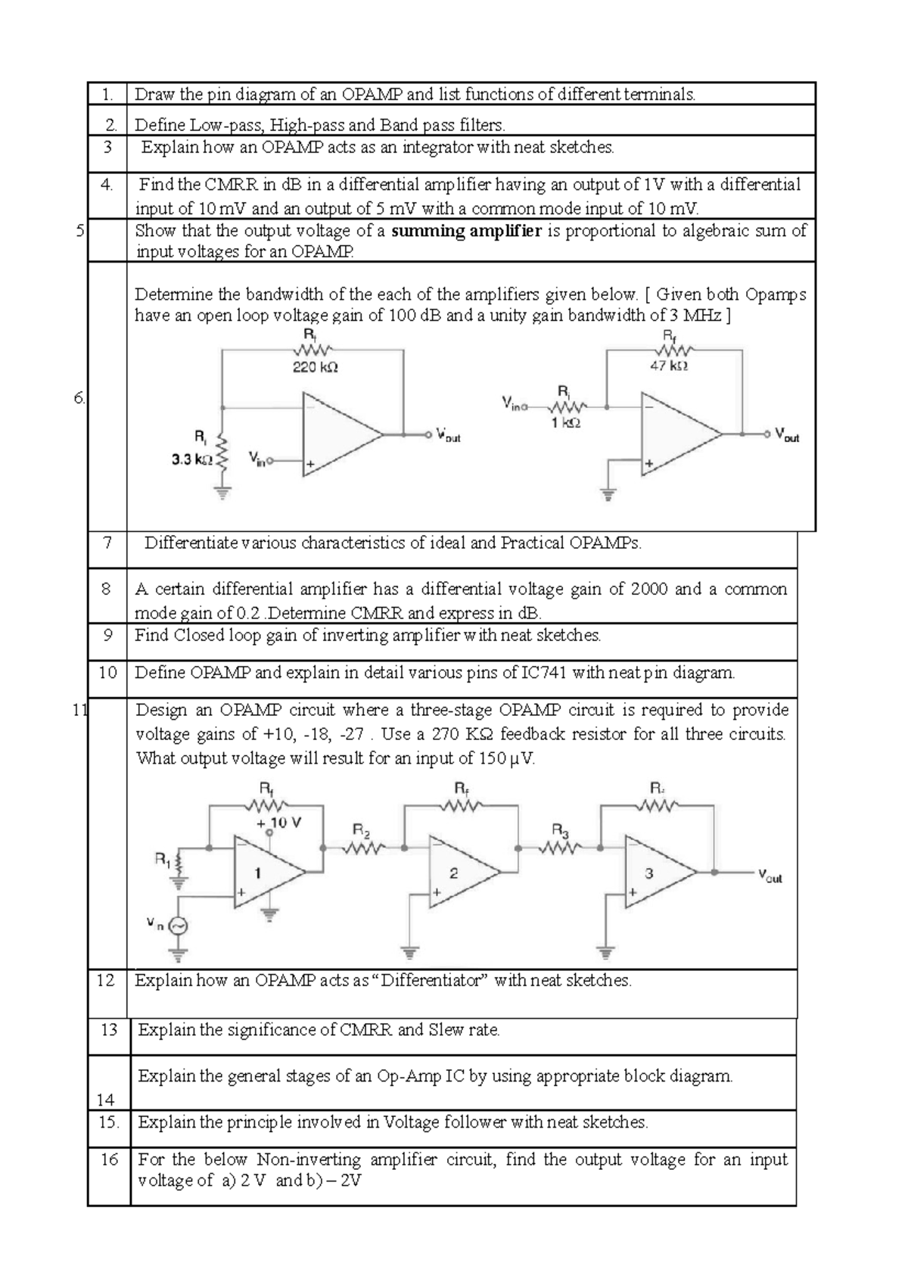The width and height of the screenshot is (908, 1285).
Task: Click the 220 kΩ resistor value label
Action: (x=316, y=368)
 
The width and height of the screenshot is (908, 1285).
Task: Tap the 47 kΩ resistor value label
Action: (x=669, y=366)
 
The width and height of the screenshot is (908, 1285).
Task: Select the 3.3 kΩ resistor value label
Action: (x=192, y=459)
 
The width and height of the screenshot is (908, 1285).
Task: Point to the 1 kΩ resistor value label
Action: (x=565, y=424)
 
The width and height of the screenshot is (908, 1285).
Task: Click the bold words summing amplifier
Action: (x=466, y=231)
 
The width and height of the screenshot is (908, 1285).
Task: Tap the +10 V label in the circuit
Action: (x=279, y=823)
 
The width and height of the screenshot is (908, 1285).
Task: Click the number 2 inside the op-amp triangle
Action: (x=454, y=873)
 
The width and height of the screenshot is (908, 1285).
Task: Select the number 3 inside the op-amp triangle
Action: (x=648, y=873)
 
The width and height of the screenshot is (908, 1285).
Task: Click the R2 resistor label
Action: (x=362, y=831)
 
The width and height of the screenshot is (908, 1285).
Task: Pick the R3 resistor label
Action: (x=560, y=831)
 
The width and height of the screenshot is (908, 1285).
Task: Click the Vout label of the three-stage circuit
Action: (x=770, y=877)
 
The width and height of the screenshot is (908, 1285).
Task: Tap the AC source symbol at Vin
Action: (x=178, y=925)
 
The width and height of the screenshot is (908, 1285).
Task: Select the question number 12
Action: (x=106, y=980)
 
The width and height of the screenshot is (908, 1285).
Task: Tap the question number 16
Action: (x=109, y=1159)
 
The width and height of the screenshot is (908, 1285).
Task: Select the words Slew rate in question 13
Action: (x=464, y=1029)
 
